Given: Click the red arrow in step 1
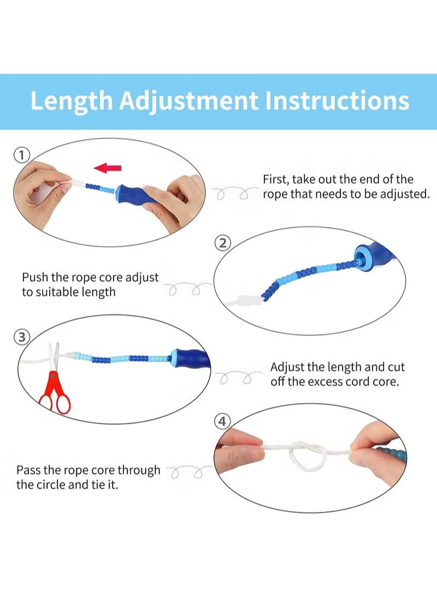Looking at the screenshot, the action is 108,168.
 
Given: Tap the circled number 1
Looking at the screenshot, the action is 22,155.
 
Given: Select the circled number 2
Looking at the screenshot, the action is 223,243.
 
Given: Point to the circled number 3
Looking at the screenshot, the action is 22,337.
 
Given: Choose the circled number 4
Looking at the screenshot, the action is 222,421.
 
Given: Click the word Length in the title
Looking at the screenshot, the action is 72,102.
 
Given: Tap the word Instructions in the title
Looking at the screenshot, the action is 337,101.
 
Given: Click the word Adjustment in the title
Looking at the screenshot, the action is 188,102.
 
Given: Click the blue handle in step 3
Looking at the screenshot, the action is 190,359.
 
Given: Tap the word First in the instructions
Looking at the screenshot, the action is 276,179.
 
